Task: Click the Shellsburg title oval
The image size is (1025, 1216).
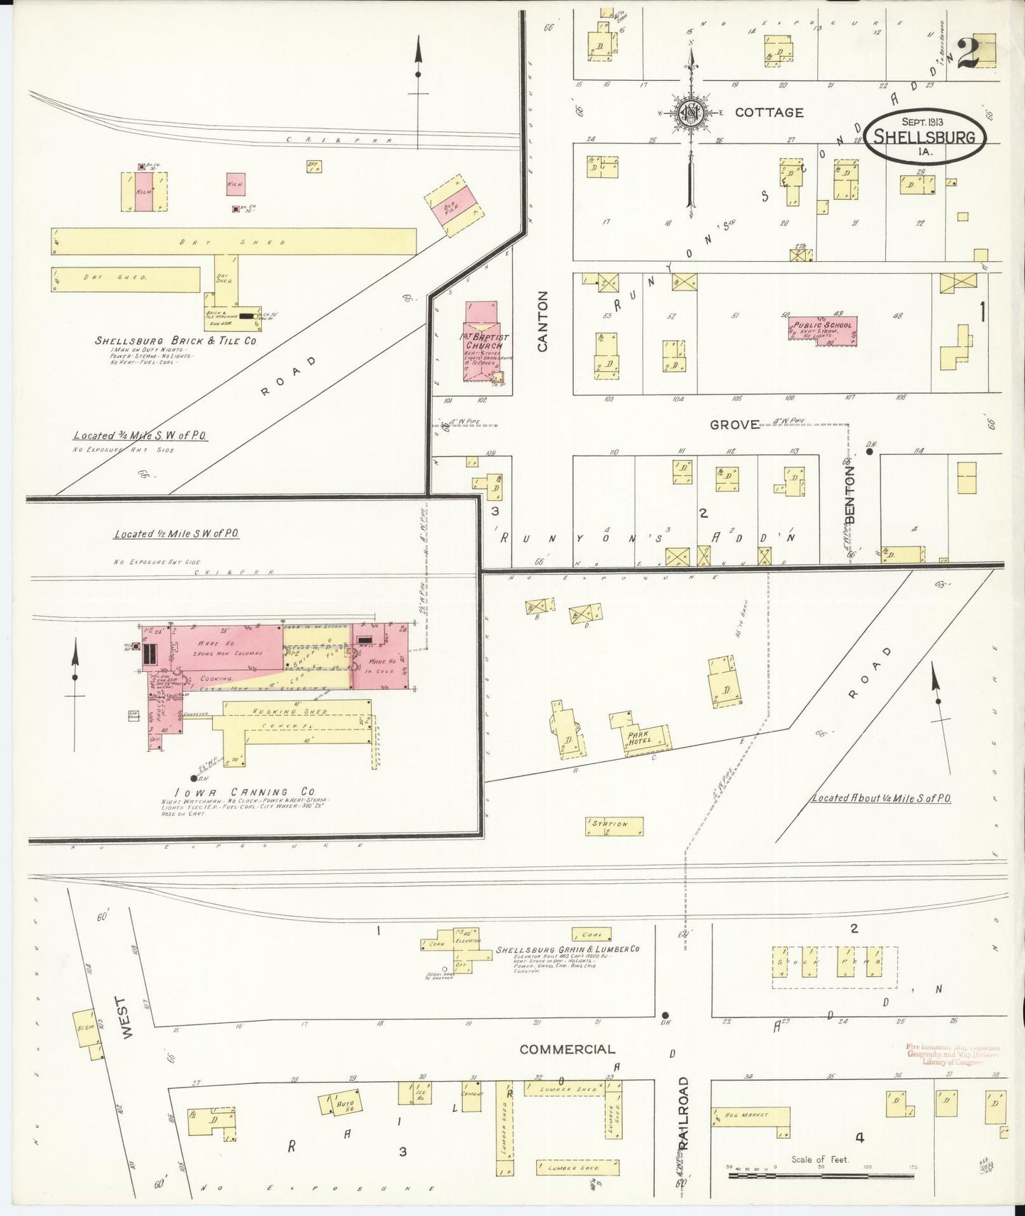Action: pyautogui.click(x=925, y=136)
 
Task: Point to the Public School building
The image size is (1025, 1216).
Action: pyautogui.click(x=821, y=327)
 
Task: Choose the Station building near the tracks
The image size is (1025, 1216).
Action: pyautogui.click(x=614, y=825)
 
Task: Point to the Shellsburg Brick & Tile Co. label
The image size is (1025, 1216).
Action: pyautogui.click(x=175, y=341)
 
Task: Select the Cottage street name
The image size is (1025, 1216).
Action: pyautogui.click(x=769, y=112)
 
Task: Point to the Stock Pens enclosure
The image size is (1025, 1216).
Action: pyautogui.click(x=834, y=966)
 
